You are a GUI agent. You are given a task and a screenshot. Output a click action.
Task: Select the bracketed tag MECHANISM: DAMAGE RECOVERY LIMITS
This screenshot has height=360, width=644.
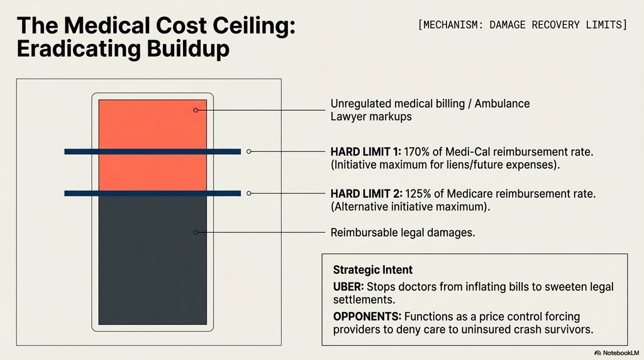[x=522, y=25]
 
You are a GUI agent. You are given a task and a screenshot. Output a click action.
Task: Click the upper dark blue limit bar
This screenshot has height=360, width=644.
[x=153, y=152]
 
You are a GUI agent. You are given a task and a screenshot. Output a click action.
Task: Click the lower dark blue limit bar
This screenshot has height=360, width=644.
[x=153, y=193]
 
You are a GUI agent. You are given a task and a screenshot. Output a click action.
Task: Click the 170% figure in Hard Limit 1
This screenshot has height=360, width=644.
[x=416, y=152]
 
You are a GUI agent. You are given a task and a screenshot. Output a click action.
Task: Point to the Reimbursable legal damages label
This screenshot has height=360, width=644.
[x=402, y=233]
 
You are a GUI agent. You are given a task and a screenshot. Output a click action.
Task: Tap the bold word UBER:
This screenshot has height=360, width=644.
[x=348, y=286]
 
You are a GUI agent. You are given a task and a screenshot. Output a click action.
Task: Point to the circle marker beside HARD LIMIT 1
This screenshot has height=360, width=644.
[x=249, y=152]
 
